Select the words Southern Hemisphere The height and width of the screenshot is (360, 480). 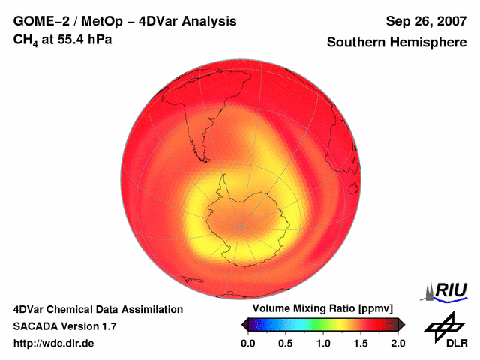[x=397, y=43]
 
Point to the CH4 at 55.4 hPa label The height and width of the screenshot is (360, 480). [x=63, y=39]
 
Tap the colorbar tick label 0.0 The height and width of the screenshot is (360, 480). [x=248, y=343]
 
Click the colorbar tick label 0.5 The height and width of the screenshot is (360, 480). [x=286, y=343]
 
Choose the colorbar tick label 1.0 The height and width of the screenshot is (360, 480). [x=323, y=343]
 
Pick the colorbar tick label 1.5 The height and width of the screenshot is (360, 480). [x=361, y=343]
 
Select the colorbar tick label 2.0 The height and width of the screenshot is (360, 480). [x=397, y=343]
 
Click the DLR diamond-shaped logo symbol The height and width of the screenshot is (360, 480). [x=442, y=326]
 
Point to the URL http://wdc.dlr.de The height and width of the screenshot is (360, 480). [x=54, y=343]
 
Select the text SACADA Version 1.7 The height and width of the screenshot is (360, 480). [x=64, y=326]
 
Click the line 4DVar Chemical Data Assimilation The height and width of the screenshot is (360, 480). [x=97, y=309]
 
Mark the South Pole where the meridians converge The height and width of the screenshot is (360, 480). [x=241, y=224]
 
